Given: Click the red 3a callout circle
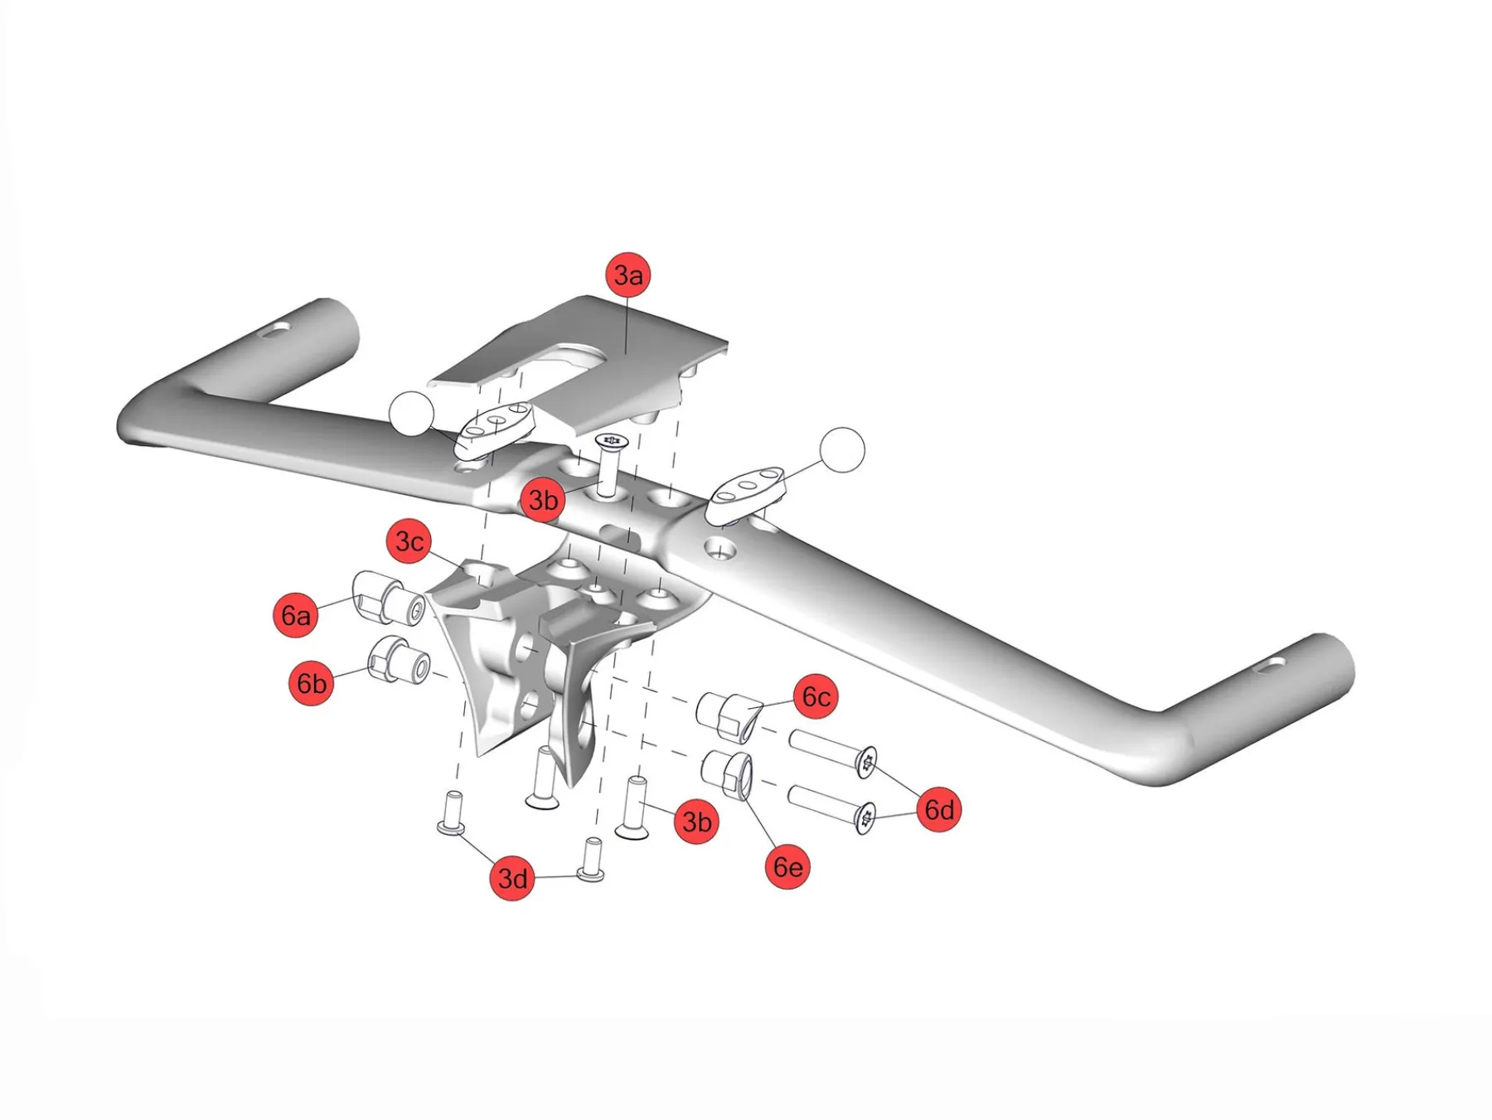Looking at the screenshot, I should [x=628, y=275].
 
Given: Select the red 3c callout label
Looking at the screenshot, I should [x=409, y=542].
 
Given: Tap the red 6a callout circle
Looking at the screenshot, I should [x=296, y=615].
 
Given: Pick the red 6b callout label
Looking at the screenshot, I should [x=312, y=683].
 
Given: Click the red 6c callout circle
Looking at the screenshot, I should [x=816, y=697].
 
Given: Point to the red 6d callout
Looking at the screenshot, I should [x=939, y=809].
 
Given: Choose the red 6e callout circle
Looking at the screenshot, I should [x=787, y=866].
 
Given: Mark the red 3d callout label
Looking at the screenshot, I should [x=512, y=878].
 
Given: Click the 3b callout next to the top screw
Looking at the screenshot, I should [x=543, y=500].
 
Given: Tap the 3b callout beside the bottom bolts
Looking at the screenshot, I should [x=696, y=822].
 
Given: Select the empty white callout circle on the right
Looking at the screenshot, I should [x=842, y=450].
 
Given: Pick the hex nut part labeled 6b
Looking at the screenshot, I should [x=398, y=660].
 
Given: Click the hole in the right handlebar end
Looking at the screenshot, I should [x=1270, y=665].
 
